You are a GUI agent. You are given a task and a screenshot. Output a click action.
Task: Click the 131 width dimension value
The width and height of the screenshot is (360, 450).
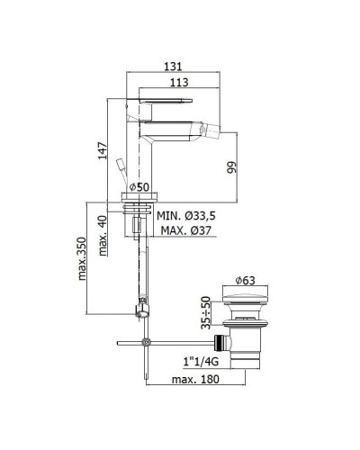tap(173, 67)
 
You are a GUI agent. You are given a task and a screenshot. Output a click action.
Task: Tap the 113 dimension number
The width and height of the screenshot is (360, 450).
tap(179, 82)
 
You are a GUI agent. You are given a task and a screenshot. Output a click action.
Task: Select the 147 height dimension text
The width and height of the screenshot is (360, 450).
tap(103, 150)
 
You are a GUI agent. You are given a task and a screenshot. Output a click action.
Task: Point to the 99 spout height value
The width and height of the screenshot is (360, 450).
tap(231, 167)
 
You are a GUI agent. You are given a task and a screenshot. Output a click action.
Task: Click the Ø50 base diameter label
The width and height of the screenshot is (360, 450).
tap(139, 187)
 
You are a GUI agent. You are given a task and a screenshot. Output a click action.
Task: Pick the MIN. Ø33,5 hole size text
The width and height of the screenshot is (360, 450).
tap(186, 216)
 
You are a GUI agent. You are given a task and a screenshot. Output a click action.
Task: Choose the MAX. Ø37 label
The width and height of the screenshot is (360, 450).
tap(186, 230)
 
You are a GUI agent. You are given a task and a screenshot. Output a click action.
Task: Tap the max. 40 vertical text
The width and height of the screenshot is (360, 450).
tap(103, 236)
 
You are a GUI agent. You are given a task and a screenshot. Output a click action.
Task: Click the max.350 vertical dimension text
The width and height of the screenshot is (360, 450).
tap(82, 258)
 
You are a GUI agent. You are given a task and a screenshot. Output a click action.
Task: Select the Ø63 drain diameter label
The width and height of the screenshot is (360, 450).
tap(245, 281)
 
